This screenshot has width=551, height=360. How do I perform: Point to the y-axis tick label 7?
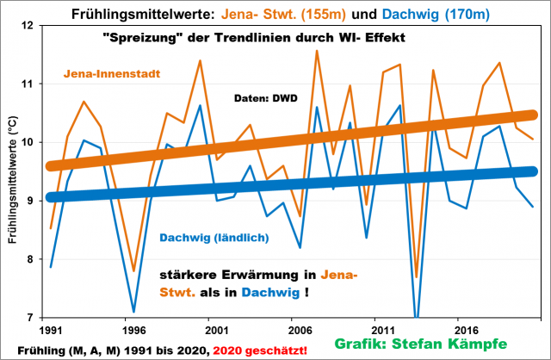click(x=38, y=318)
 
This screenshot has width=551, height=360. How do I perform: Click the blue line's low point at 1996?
click(x=133, y=312)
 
